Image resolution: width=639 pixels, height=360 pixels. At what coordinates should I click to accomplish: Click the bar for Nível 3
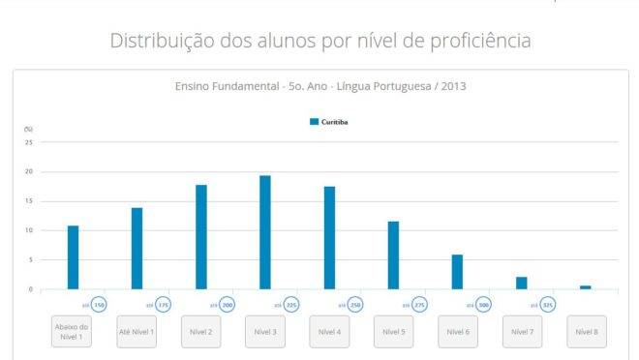click(265, 232)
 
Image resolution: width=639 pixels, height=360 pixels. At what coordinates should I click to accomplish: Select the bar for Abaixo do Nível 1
click(73, 257)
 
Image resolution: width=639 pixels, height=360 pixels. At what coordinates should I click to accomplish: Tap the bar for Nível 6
click(457, 272)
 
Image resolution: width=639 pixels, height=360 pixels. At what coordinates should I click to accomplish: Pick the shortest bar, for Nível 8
click(585, 287)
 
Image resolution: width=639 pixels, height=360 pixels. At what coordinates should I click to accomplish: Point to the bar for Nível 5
click(393, 255)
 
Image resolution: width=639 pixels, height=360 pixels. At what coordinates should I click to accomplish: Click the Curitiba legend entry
click(328, 122)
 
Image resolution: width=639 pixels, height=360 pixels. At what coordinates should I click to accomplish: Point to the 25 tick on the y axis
click(29, 142)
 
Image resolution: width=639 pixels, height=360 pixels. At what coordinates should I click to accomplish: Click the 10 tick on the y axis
click(29, 230)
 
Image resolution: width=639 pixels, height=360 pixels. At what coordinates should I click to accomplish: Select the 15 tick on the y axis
click(29, 201)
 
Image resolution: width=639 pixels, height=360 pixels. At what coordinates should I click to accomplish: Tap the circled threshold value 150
click(100, 305)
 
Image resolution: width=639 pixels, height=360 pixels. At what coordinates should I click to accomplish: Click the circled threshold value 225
click(291, 305)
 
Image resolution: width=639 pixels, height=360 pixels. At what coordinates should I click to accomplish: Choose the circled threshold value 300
click(483, 305)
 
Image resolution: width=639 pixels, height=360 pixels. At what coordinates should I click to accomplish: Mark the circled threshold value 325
click(547, 305)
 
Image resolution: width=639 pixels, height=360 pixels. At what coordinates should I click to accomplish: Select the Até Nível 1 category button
click(137, 331)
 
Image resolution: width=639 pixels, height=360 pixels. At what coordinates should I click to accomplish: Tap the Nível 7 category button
click(521, 331)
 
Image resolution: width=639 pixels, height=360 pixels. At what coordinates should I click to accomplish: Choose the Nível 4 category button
click(329, 331)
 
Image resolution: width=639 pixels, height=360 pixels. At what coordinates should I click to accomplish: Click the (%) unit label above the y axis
click(28, 129)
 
